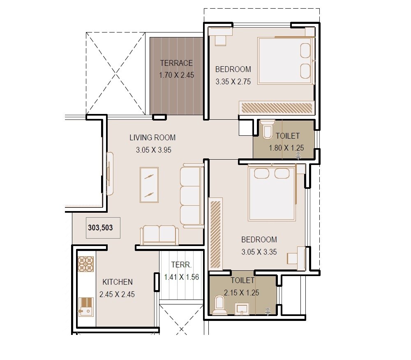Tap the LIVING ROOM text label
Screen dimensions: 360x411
152,137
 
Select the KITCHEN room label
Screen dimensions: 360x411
118,282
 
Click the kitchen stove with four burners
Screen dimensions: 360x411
86,264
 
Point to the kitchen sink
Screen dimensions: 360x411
86,306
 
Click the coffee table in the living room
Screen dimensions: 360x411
149,185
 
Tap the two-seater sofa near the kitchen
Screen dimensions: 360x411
159,235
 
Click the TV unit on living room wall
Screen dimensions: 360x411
110,174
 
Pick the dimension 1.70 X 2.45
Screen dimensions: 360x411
176,75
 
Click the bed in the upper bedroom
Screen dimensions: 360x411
286,61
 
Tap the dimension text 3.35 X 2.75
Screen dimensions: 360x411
233,81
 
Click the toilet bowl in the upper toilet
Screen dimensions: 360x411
267,130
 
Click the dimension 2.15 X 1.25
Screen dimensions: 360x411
242,293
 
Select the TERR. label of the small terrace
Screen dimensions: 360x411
181,265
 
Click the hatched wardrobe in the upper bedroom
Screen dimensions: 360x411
276,108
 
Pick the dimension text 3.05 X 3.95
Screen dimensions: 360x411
153,150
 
